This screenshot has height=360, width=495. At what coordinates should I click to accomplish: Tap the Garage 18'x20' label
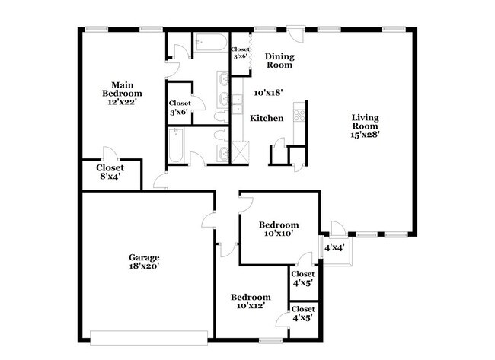(143, 262)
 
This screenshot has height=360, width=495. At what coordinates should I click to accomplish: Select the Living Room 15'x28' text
(366, 126)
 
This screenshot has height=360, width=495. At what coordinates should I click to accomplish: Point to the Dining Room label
(279, 61)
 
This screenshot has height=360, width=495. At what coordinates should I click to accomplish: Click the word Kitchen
(267, 118)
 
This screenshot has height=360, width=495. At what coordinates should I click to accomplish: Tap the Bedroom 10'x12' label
(251, 301)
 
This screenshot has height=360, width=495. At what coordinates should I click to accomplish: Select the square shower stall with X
(240, 151)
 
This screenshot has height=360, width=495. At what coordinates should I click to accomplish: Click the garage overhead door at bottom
(148, 336)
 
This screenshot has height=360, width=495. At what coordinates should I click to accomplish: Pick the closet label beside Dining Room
(240, 53)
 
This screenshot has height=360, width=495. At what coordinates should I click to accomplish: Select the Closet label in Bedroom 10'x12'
(302, 314)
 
